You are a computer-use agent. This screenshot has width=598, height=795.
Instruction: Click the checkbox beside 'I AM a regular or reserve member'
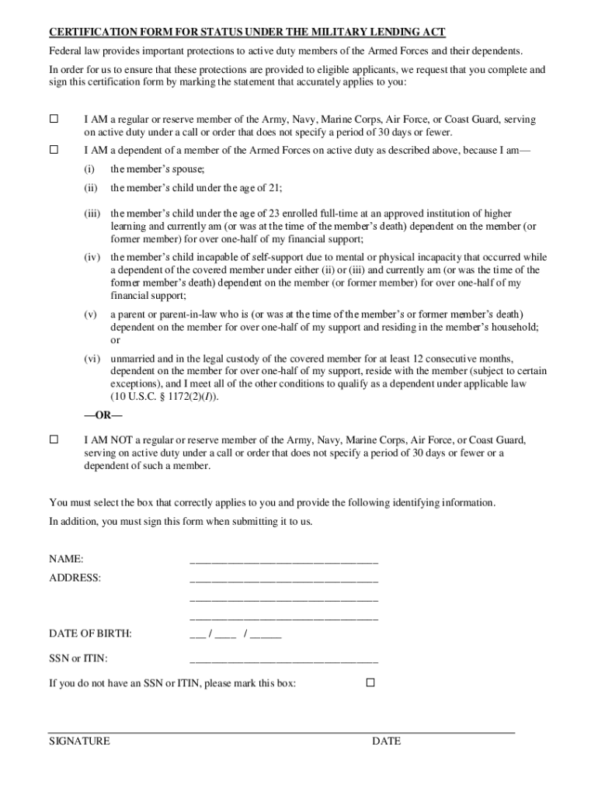point(54,120)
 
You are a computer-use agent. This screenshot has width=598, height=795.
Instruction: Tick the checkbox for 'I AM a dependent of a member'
point(54,148)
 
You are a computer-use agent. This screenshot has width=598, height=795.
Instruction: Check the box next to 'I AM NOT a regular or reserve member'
point(54,439)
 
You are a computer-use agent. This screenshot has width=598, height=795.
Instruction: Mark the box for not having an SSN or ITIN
point(370,682)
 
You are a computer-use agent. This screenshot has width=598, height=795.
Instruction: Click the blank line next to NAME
point(283,559)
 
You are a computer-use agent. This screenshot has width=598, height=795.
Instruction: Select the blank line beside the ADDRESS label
point(283,578)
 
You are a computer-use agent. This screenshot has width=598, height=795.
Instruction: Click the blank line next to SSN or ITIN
point(283,659)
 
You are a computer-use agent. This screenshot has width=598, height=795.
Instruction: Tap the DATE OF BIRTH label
point(90,634)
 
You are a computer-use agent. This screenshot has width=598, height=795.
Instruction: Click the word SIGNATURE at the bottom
point(79,741)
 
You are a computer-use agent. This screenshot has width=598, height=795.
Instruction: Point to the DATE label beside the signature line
point(386,741)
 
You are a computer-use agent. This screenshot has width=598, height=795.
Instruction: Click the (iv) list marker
point(92,257)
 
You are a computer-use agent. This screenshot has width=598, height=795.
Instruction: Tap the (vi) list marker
point(92,359)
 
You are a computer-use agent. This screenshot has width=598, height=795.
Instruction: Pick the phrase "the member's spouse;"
point(157,168)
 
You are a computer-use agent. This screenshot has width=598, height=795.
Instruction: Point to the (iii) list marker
point(92,213)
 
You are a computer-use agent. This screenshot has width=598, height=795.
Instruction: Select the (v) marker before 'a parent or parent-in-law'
point(90,314)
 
